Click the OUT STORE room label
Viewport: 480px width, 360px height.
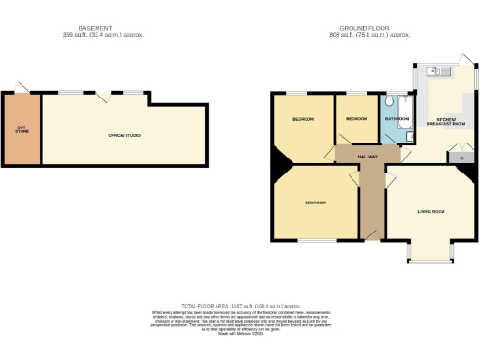[x=21, y=129]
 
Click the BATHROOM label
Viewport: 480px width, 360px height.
[x=394, y=120]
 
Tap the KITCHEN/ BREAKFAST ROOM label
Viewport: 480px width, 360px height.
[x=441, y=122]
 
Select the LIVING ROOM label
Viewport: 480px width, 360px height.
[x=430, y=211]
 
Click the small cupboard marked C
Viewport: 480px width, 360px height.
[x=461, y=157]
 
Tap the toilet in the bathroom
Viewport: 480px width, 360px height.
[x=388, y=100]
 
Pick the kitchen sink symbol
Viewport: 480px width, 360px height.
[x=433, y=70]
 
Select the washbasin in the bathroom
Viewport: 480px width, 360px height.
[x=408, y=137]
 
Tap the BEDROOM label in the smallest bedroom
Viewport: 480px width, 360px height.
[x=356, y=120]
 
